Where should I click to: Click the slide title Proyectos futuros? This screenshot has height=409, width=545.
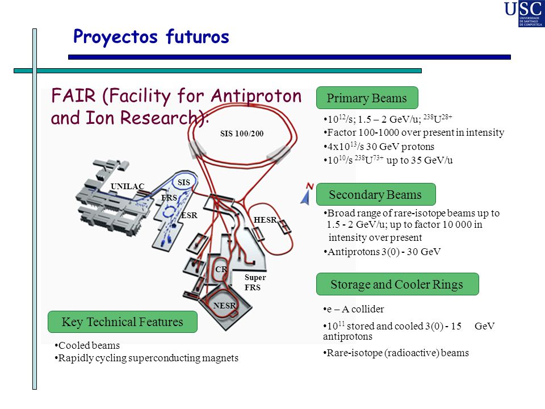[151, 37]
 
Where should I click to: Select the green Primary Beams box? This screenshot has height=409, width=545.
[367, 98]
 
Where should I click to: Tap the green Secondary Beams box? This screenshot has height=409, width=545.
[376, 194]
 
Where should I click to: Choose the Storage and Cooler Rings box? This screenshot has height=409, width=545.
[397, 284]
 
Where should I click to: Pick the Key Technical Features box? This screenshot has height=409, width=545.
[123, 322]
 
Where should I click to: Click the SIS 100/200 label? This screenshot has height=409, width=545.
[242, 133]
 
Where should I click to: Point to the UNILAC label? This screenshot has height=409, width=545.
[127, 186]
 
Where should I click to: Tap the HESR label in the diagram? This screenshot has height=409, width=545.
[265, 220]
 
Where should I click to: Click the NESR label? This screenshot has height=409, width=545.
[225, 306]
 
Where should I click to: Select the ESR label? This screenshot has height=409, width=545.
[189, 215]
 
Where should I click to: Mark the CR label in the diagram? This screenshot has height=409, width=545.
[221, 269]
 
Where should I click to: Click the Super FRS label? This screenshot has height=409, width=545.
[255, 282]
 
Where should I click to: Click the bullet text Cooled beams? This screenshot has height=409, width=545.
[87, 345]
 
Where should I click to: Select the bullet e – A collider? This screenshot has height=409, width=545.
[354, 309]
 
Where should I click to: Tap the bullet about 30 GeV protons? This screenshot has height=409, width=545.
[379, 147]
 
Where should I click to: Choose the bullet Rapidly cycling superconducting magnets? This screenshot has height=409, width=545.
[146, 358]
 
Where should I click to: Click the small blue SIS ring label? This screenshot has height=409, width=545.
[184, 182]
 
